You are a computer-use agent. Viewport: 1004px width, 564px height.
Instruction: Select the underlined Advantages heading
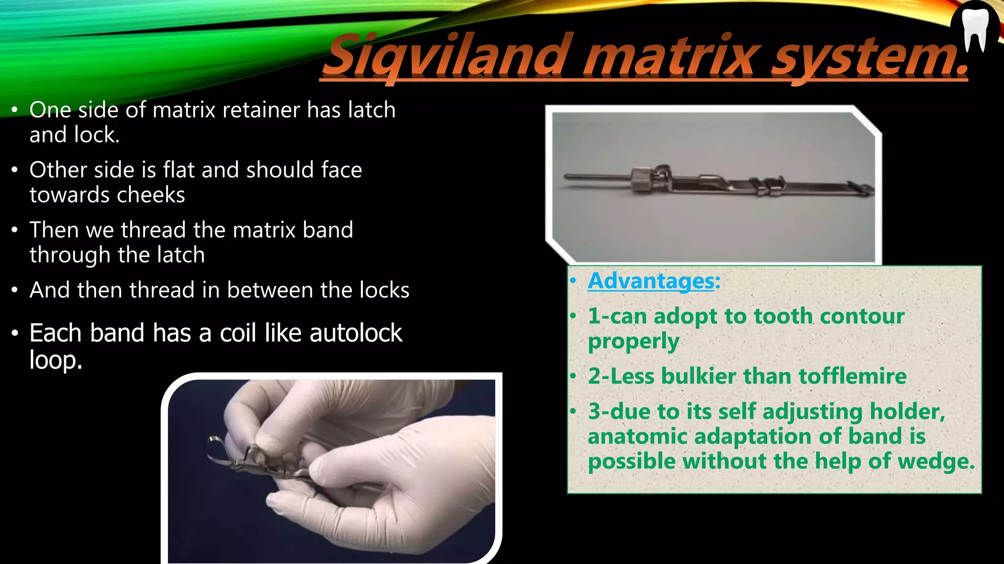(x=651, y=281)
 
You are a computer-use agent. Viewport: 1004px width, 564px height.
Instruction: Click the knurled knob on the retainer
(x=640, y=181)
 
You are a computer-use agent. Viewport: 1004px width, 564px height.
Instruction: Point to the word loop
(x=55, y=361)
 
